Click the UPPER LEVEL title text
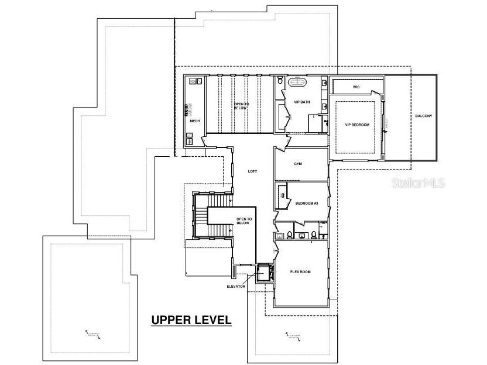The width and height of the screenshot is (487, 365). [x=191, y=320]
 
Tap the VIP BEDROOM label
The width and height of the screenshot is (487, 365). [x=357, y=125]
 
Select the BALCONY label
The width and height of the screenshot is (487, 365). [x=424, y=116]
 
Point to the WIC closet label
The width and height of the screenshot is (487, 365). [x=356, y=87]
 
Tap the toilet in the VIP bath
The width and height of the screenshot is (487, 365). [x=280, y=80]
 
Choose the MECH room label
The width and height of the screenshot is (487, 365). [x=195, y=121]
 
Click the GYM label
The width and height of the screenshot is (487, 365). [x=298, y=164]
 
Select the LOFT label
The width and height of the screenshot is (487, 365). [x=252, y=171]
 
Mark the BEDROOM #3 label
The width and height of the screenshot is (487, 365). [x=306, y=203]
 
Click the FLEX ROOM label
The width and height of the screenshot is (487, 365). [x=300, y=272]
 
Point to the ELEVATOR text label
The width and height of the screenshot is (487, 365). [x=236, y=286]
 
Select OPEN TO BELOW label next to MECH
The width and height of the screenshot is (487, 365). [x=241, y=106]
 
